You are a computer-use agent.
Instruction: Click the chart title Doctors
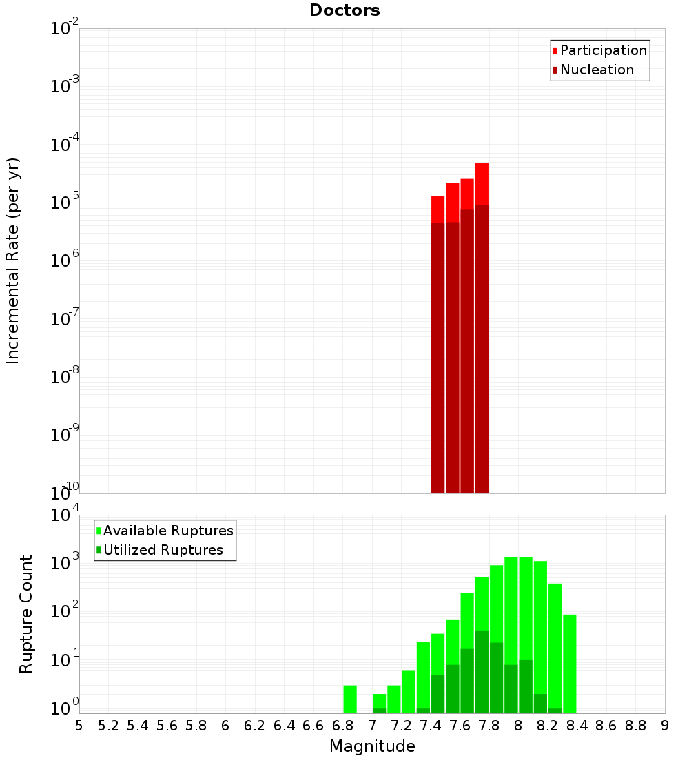(x=344, y=10)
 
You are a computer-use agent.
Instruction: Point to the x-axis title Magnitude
(x=372, y=746)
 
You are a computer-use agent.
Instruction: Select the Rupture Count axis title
(x=26, y=614)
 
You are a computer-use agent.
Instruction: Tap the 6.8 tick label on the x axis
(x=342, y=725)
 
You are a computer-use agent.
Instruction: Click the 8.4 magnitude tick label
(x=577, y=725)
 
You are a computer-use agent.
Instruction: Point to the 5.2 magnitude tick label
(x=108, y=725)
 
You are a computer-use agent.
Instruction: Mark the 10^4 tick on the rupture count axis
(x=65, y=515)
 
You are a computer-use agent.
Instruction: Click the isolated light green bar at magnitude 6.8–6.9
(x=350, y=699)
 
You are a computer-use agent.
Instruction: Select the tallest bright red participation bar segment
(x=482, y=183)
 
